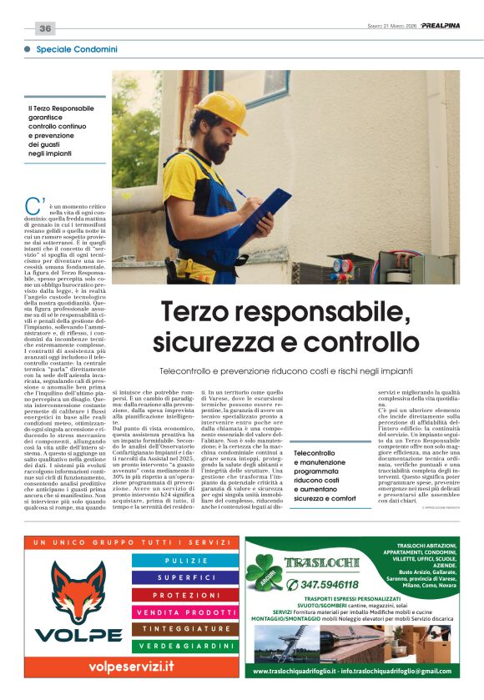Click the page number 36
click(45, 28)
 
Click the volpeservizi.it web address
click(132, 666)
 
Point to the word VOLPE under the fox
click(78, 634)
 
